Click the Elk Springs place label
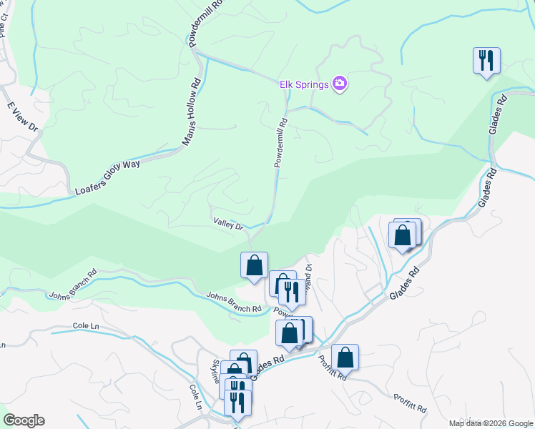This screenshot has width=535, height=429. tap(304, 84)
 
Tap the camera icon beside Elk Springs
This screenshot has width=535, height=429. tap(340, 84)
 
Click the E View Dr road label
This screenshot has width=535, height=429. tap(22, 117)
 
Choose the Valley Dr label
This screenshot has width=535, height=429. tap(228, 224)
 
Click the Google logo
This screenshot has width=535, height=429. tap(24, 420)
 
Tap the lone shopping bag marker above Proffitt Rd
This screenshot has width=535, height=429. tap(345, 357)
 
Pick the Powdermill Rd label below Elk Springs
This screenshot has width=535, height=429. tap(280, 142)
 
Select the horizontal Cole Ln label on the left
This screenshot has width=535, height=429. tap(85, 326)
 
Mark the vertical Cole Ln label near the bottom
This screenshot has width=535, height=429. tap(195, 397)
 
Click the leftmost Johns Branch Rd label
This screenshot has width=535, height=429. tap(72, 284)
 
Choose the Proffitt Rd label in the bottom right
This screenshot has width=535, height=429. tap(410, 403)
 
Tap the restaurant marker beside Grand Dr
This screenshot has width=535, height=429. tap(292, 292)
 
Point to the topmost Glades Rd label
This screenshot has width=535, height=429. tap(496, 111)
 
